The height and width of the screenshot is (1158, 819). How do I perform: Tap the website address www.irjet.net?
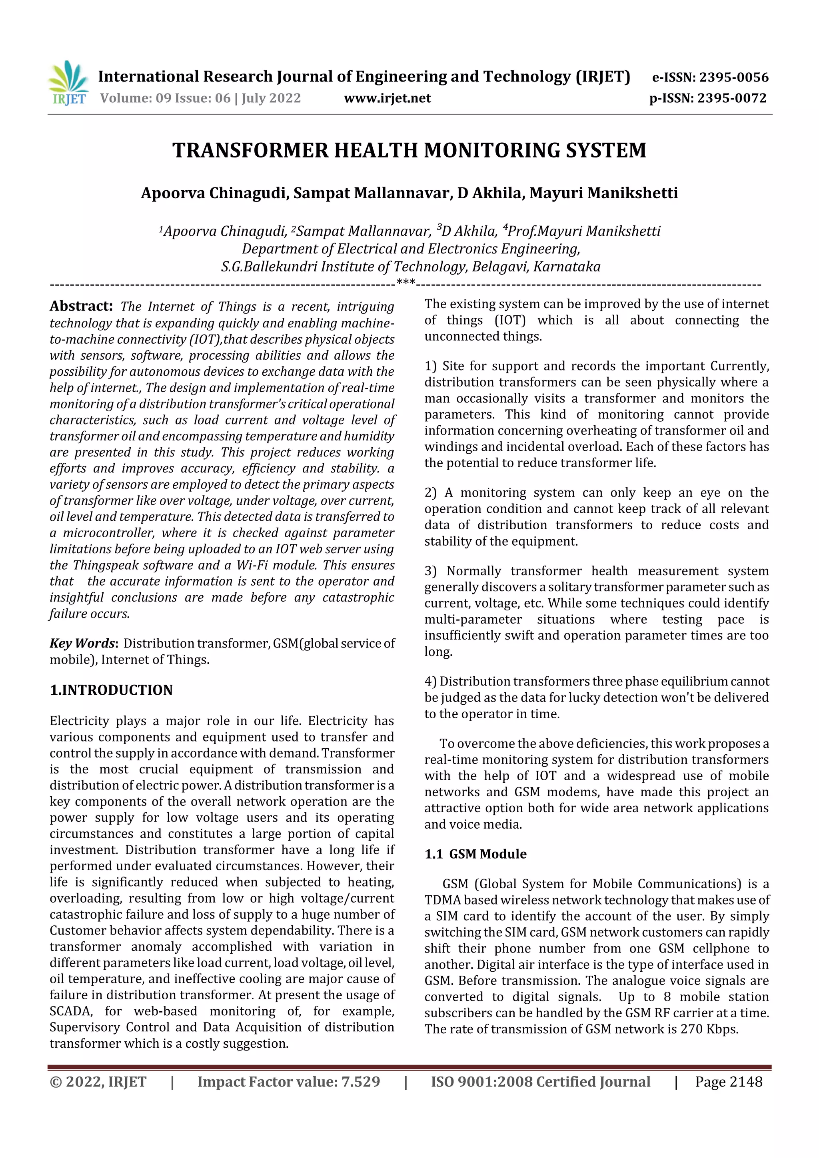click(x=387, y=98)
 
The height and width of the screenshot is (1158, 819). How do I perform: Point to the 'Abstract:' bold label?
click(x=81, y=306)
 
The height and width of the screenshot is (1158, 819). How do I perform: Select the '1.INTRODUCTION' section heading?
click(x=111, y=690)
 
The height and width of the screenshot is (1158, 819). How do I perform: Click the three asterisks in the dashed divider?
click(x=406, y=283)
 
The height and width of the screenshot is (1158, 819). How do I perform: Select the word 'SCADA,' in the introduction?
click(x=71, y=1011)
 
